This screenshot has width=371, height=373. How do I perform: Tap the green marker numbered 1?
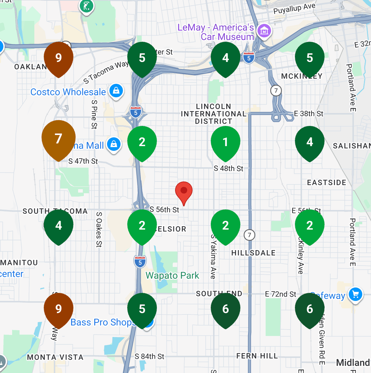[226, 142]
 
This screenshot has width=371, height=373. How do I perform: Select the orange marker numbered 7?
[59, 138]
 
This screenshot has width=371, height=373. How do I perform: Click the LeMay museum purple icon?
[264, 31]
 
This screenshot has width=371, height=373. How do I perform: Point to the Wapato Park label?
[172, 276]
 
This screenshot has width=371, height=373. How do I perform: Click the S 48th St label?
[228, 168]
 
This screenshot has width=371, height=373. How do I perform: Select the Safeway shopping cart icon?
[356, 295]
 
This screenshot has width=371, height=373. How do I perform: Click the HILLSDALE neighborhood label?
[253, 253]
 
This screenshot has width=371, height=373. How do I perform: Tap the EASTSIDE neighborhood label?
[327, 182]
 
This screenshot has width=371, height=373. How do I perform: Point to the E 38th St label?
[308, 114]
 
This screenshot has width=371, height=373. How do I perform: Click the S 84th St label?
[149, 356]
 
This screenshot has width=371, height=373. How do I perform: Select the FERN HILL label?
[257, 356]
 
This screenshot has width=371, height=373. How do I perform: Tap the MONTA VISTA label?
[55, 357]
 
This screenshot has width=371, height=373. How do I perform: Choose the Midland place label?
[353, 363]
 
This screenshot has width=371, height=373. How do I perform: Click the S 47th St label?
[83, 161]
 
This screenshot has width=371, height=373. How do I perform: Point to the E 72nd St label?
[280, 294]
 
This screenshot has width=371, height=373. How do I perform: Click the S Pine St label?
[94, 114]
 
